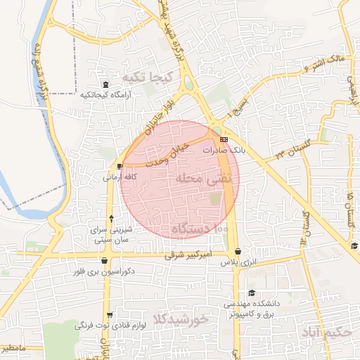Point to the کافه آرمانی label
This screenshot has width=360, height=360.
point(120,177)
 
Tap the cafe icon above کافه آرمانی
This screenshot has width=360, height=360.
point(120,167)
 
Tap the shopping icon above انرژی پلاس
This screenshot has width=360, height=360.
point(238,252)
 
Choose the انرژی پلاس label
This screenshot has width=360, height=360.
point(237,262)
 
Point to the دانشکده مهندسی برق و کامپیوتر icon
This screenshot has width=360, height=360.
point(252,294)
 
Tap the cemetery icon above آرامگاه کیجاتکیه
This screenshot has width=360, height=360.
point(105,85)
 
